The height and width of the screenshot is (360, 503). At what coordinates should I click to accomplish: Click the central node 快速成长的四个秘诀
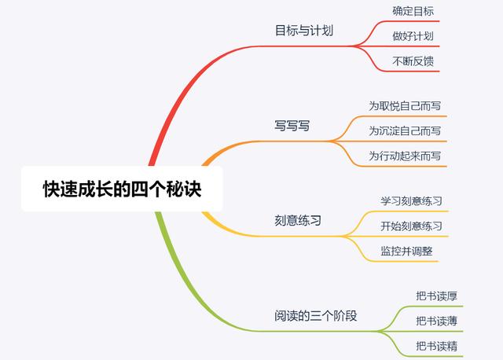(x=122, y=189)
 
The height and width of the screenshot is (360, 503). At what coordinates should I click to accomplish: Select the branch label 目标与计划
(x=304, y=31)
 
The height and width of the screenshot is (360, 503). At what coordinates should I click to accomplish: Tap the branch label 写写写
(x=292, y=126)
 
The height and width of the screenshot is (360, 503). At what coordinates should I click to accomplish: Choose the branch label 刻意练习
(x=298, y=220)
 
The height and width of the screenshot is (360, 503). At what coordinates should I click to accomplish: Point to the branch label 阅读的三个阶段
(x=316, y=316)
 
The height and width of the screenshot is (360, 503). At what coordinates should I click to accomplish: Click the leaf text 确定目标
(x=413, y=11)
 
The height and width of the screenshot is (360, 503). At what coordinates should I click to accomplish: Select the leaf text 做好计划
(x=413, y=36)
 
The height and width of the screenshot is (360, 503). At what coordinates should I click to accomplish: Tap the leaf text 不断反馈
(x=413, y=61)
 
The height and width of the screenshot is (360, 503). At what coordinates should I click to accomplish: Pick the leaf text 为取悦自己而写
(x=405, y=106)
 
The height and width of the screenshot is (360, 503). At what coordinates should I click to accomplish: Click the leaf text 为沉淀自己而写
(x=405, y=131)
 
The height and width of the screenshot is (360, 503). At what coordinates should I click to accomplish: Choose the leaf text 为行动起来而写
(x=405, y=156)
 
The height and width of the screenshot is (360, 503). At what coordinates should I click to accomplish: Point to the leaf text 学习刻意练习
(x=412, y=201)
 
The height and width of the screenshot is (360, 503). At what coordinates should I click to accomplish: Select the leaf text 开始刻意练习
(x=412, y=226)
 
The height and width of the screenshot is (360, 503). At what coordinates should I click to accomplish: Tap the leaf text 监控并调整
(x=407, y=251)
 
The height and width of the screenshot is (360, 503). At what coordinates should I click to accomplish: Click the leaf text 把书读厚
(x=437, y=296)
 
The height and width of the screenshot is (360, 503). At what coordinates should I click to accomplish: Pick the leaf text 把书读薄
(x=437, y=321)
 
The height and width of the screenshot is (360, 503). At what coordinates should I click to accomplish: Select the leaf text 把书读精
(x=437, y=346)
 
